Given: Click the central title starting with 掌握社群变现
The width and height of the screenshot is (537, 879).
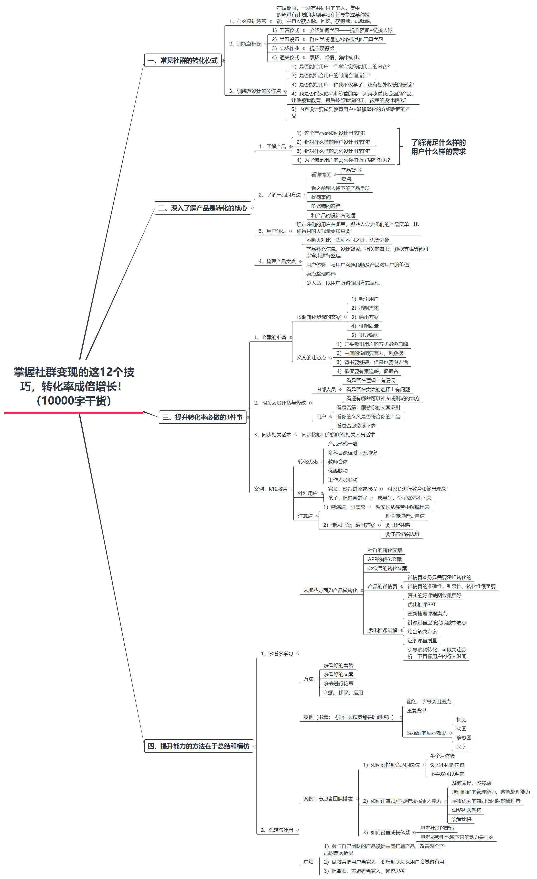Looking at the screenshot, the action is [74, 386].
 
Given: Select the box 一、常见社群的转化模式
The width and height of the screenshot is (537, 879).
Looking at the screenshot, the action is [183, 60].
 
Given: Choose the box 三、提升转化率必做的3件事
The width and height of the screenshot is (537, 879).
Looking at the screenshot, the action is [203, 417].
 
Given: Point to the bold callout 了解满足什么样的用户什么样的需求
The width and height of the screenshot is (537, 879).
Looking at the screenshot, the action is [438, 147].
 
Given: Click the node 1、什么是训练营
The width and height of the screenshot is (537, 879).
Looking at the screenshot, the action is [247, 22].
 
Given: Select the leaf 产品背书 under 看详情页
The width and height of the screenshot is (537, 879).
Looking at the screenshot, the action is [351, 170].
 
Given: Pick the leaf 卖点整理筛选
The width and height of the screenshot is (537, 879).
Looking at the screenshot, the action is [321, 274].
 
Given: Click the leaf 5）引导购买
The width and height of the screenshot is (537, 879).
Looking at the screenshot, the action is [365, 335].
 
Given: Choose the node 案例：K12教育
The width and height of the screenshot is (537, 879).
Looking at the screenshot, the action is [271, 489].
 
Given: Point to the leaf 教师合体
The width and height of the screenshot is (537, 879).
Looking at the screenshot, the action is [338, 461].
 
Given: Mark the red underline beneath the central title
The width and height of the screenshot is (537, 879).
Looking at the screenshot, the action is [74, 412].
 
